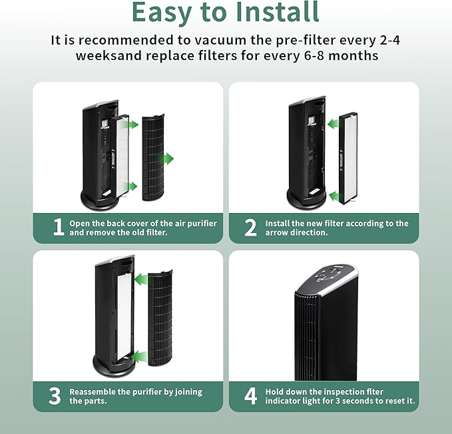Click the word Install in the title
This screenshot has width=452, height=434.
coord(278,12)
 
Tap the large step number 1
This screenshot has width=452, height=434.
coord(59,227)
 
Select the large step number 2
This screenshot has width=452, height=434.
coord(250,228)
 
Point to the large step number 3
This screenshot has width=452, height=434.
coord(55,396)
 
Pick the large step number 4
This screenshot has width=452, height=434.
coord(250,396)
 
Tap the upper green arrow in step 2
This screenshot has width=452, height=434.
coord(334,124)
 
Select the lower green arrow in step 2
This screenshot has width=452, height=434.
coord(334,196)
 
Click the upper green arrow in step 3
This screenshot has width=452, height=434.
coord(141,280)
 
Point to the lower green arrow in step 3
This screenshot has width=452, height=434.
coord(141,357)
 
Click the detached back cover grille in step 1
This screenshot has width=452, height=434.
coord(153,157)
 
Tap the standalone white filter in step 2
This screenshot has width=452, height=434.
coord(349,158)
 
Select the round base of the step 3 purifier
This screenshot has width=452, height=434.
coord(114,365)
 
